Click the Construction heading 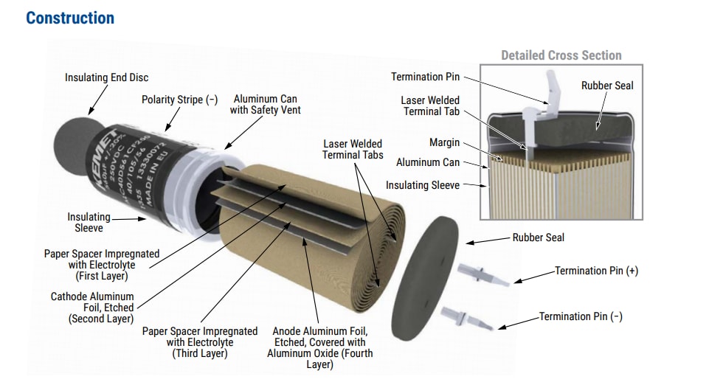(70, 18)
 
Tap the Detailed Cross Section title (561, 55)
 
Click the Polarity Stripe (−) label (179, 100)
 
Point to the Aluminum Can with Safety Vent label (266, 104)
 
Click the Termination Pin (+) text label (596, 271)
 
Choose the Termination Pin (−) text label (581, 316)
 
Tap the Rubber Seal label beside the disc (539, 237)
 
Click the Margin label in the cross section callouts (444, 142)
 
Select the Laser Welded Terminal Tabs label (352, 149)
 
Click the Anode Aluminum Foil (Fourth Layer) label (319, 347)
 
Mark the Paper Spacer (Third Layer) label (199, 342)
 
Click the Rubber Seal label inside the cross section (607, 86)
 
